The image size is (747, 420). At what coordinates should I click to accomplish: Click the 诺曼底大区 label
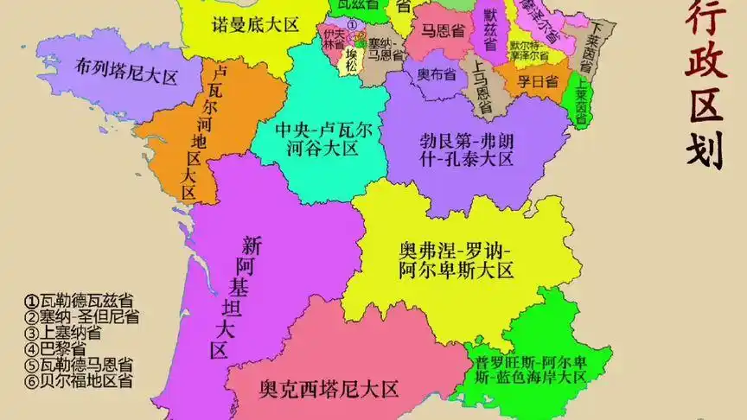(255, 24)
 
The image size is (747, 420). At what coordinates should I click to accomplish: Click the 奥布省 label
(436, 74)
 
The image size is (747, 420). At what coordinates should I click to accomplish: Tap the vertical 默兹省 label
(490, 34)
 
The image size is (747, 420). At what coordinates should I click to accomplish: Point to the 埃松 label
(351, 60)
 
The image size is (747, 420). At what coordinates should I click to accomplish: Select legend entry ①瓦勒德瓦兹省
(79, 302)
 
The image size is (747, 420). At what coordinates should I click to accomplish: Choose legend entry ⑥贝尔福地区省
(79, 380)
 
